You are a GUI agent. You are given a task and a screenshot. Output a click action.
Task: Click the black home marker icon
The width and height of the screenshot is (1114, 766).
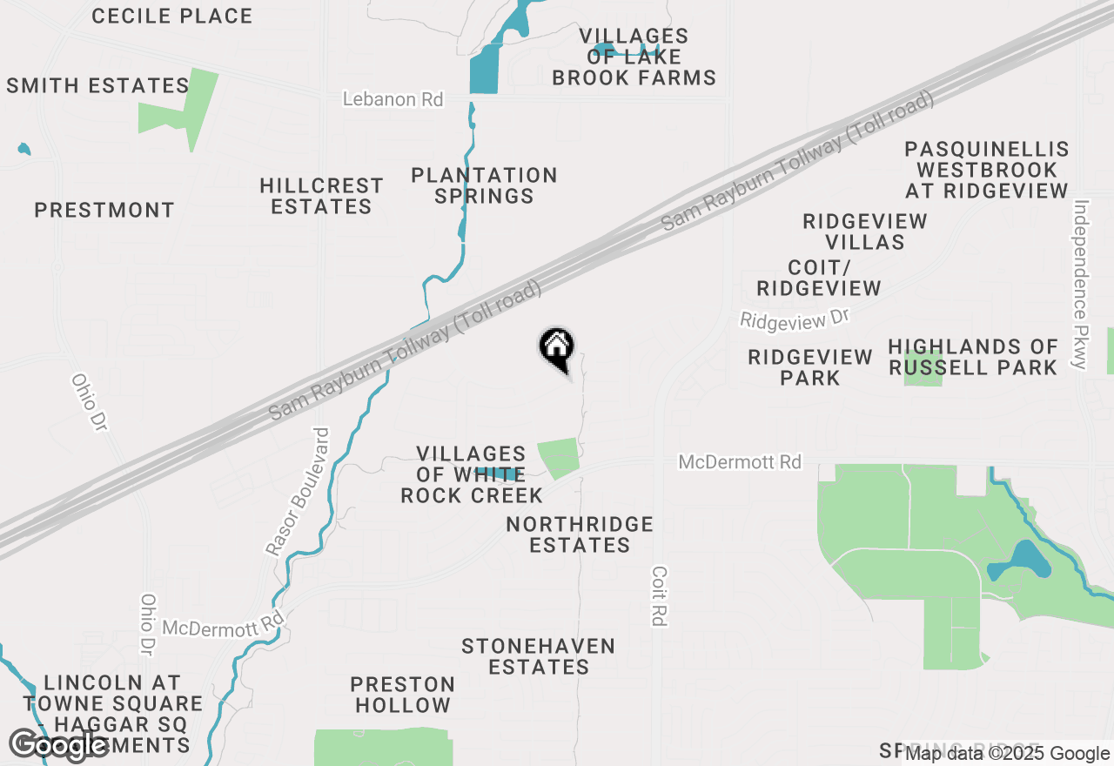(x=557, y=349)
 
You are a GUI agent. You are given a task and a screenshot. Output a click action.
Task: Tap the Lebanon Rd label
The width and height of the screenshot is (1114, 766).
(x=393, y=99)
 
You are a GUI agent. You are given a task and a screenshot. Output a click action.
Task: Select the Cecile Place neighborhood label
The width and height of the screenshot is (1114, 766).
(x=171, y=16)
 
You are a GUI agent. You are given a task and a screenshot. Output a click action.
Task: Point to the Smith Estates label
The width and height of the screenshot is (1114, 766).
(x=97, y=85)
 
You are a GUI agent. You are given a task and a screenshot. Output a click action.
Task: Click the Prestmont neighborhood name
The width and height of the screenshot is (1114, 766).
(x=104, y=210)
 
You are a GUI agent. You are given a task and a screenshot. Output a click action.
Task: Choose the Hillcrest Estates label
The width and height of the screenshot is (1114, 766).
(x=321, y=196)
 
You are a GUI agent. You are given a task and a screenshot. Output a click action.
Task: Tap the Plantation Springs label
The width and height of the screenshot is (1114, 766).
(x=484, y=185)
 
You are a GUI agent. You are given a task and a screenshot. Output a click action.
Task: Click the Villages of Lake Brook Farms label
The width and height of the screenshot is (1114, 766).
(x=634, y=57)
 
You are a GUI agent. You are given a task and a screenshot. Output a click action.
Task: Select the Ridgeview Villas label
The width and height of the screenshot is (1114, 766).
(x=865, y=232)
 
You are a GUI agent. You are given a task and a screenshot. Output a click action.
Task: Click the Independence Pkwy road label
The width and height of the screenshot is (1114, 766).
(x=1081, y=285)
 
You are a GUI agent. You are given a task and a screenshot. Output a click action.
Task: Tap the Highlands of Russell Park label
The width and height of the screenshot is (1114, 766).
(x=973, y=357)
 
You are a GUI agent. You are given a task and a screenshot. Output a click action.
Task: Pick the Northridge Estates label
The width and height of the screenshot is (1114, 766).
(x=580, y=534)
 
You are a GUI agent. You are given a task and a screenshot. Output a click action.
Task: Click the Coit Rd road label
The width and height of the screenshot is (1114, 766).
(x=659, y=596)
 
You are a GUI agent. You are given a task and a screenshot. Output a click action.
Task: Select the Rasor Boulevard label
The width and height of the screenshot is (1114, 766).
(x=298, y=492)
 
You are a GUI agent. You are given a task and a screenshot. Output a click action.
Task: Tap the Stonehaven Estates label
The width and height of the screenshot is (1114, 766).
(x=539, y=656)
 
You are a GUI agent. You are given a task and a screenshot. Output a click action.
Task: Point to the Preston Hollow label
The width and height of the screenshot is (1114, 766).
(x=402, y=695)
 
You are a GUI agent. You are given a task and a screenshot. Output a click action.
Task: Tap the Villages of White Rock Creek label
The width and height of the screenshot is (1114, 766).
(x=471, y=474)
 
